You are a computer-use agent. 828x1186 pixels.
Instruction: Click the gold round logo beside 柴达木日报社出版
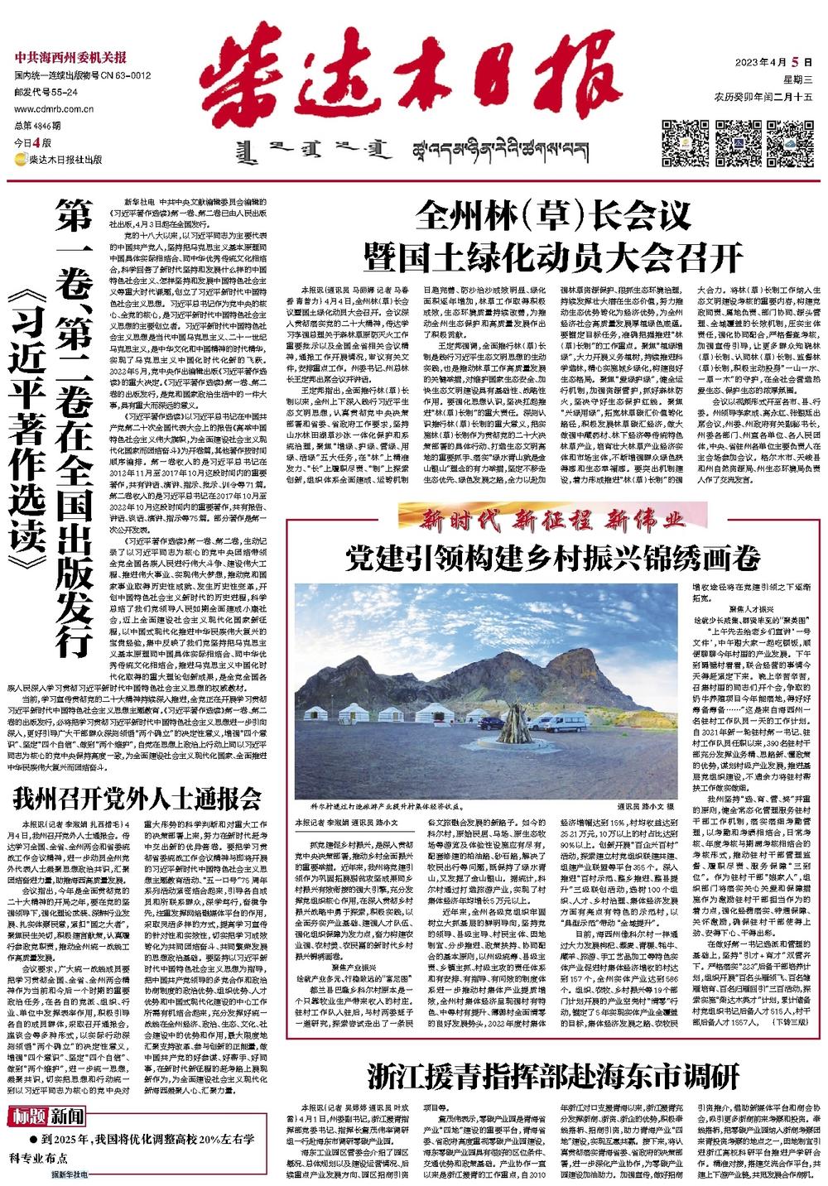pyautogui.click(x=20, y=160)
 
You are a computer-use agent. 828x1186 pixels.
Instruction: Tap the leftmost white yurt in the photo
pyautogui.click(x=317, y=717)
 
